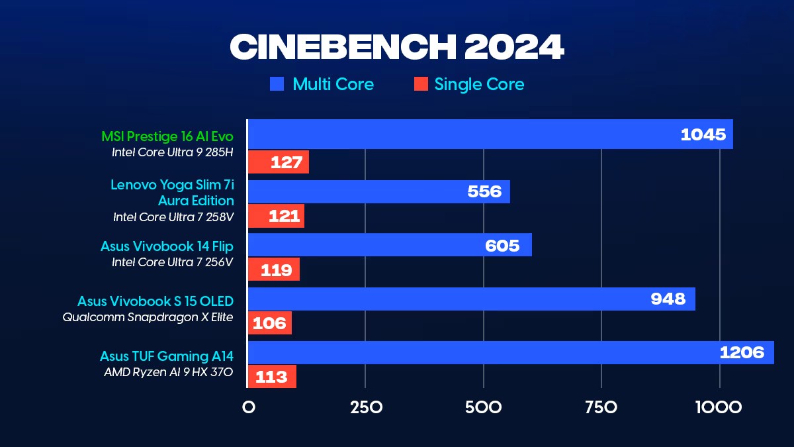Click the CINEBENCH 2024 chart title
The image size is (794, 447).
click(x=396, y=47)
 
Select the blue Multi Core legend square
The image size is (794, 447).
click(x=277, y=84)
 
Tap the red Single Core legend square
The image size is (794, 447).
click(x=420, y=84)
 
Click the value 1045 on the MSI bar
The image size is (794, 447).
click(x=703, y=134)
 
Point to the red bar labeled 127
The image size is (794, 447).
click(x=279, y=162)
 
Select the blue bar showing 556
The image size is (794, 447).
click(x=378, y=192)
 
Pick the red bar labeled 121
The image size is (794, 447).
click(x=276, y=216)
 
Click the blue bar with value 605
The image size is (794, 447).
click(x=389, y=245)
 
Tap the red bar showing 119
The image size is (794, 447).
click(x=274, y=270)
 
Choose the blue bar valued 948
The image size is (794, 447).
click(x=471, y=299)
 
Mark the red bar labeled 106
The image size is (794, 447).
click(x=270, y=323)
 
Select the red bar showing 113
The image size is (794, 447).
click(x=272, y=377)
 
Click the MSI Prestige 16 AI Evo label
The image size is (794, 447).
click(x=167, y=136)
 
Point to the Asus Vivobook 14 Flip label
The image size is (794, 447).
click(x=167, y=246)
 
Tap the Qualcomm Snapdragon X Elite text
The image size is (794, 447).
click(x=148, y=317)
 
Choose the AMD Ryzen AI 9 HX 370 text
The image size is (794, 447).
click(x=168, y=372)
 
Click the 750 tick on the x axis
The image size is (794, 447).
click(x=601, y=407)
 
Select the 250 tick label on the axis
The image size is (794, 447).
click(x=365, y=407)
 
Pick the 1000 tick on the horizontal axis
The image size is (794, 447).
click(x=719, y=407)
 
